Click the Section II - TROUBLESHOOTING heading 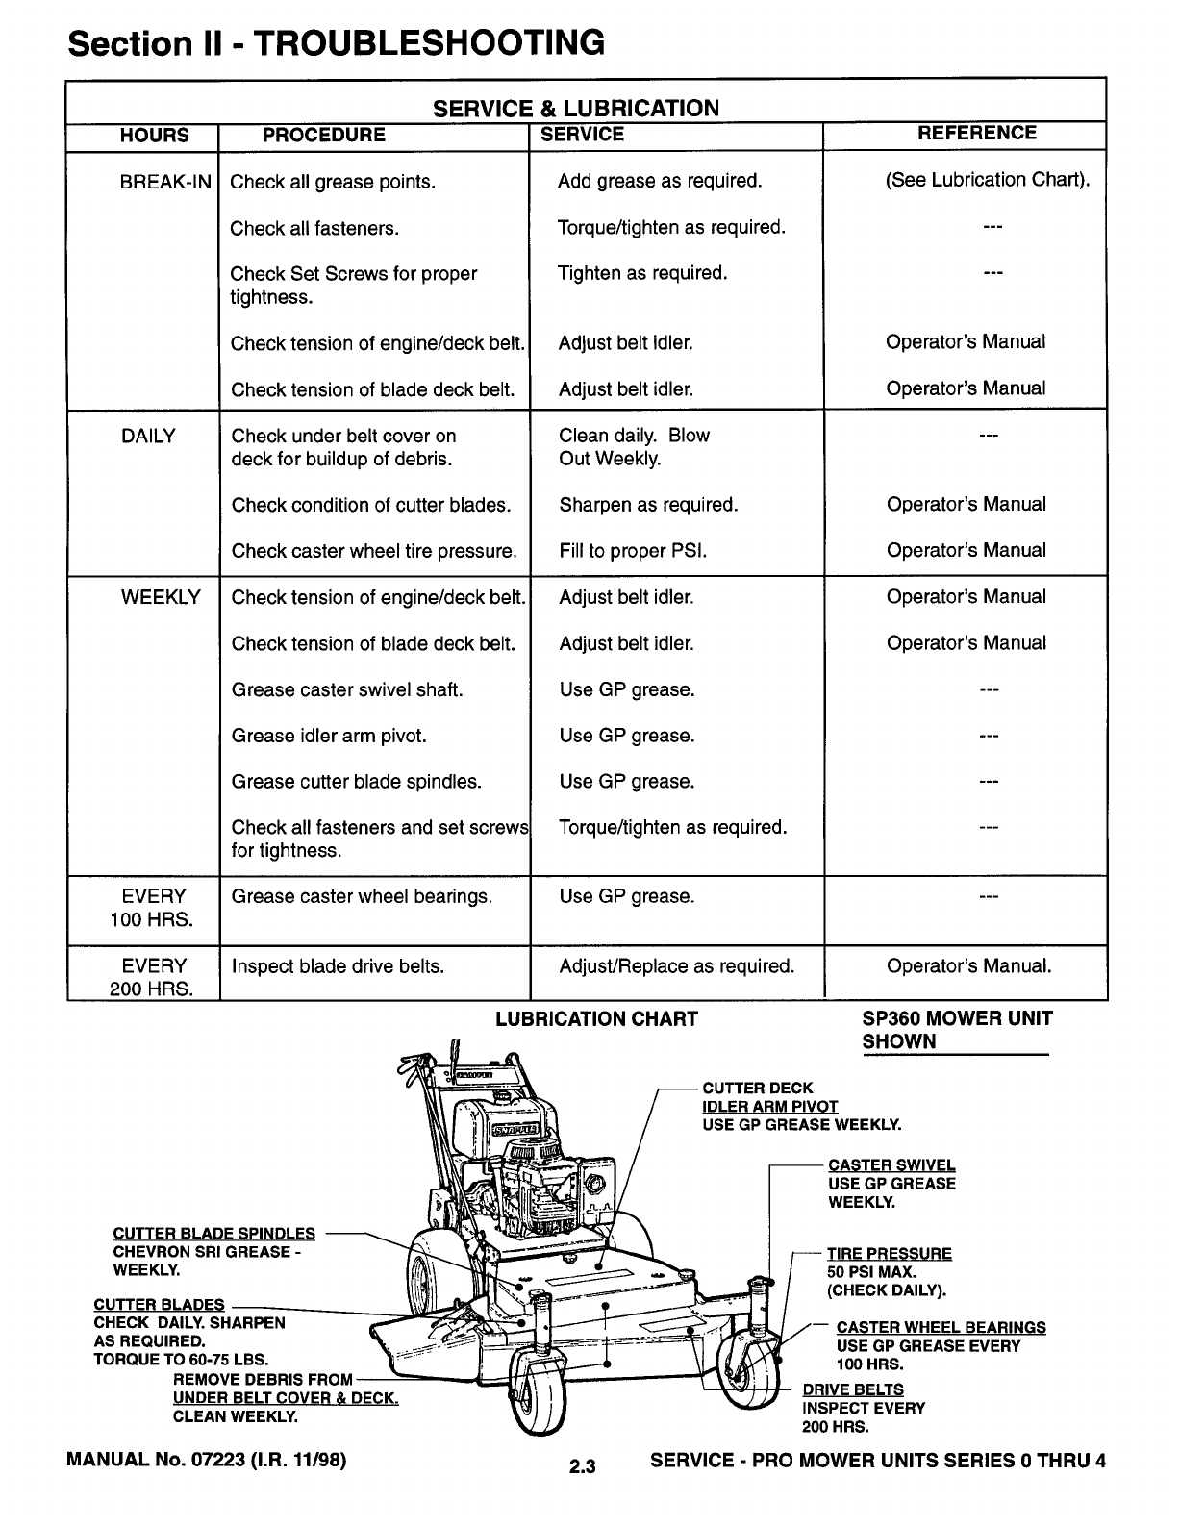tap(336, 43)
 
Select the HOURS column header tap(154, 136)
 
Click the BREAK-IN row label tap(165, 182)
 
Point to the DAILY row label tap(148, 437)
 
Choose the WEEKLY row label tap(161, 597)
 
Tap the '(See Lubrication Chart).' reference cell tap(988, 180)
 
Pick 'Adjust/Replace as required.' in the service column tap(677, 966)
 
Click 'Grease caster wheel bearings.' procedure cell tap(362, 897)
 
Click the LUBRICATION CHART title tap(596, 1019)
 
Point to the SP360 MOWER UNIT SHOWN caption tap(957, 1030)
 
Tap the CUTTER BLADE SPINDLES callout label tap(213, 1234)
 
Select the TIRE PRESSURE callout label tap(889, 1254)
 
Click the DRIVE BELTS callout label tap(852, 1389)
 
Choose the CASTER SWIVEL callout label tap(891, 1165)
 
